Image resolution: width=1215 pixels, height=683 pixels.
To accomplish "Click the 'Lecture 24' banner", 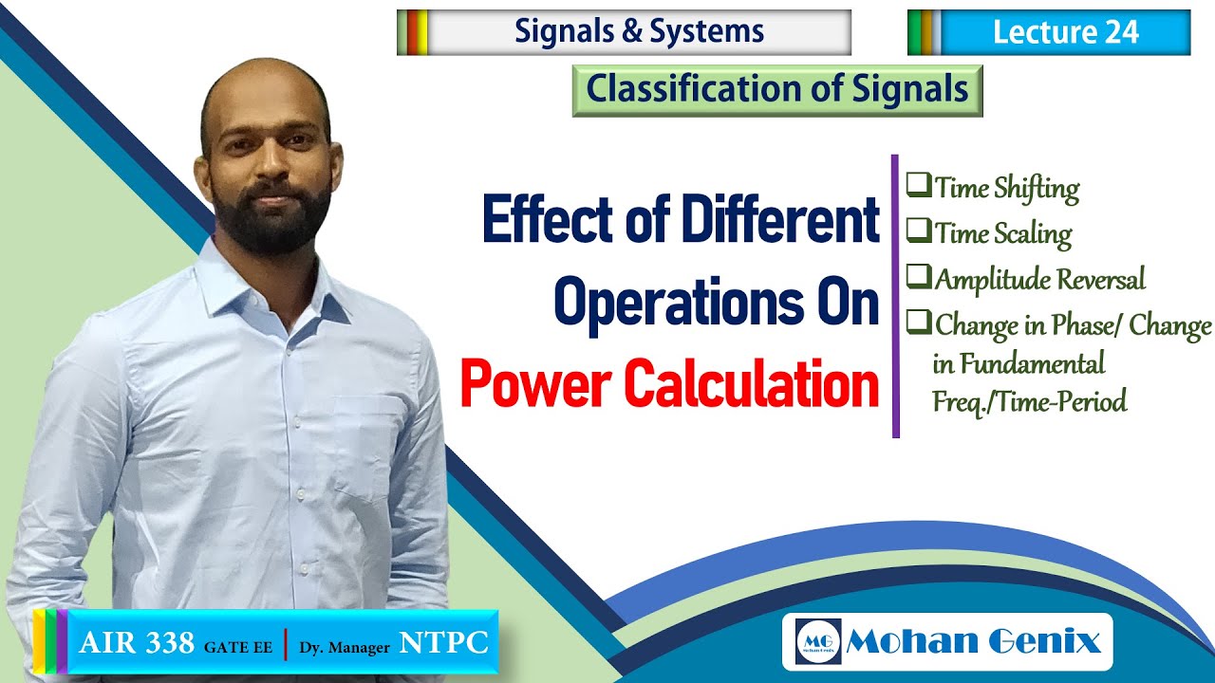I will click(x=1063, y=32).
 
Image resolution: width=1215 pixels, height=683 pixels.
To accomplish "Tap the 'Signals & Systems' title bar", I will click(x=639, y=32).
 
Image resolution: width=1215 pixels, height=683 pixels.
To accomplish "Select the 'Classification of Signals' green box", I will click(x=776, y=90).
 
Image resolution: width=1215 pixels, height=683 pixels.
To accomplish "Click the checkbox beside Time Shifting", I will click(x=918, y=186).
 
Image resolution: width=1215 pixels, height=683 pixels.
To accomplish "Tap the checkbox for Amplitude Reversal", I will click(x=918, y=277).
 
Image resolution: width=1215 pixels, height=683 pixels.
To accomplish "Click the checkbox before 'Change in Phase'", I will click(x=918, y=323).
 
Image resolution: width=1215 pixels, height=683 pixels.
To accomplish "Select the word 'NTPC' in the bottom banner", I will click(x=443, y=644).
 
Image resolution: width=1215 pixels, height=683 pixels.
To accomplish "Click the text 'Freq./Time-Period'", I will click(x=1030, y=401).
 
